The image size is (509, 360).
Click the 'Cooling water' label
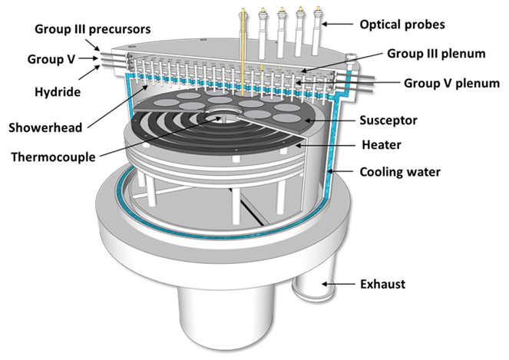400,172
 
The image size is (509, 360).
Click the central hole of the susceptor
223,119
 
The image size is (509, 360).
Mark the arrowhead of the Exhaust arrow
322,285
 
